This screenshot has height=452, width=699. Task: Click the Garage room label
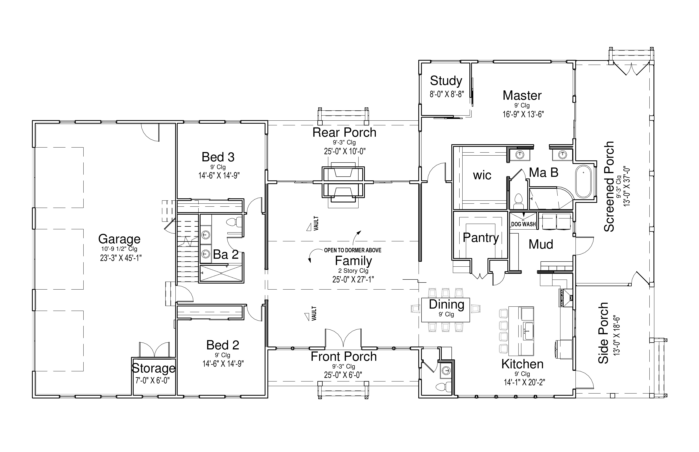tap(119, 239)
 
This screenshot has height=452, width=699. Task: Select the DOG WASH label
tap(523, 224)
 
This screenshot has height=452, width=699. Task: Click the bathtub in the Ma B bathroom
tap(584, 181)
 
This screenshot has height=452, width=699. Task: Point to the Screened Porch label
tap(609, 187)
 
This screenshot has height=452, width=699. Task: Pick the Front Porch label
tap(344, 357)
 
